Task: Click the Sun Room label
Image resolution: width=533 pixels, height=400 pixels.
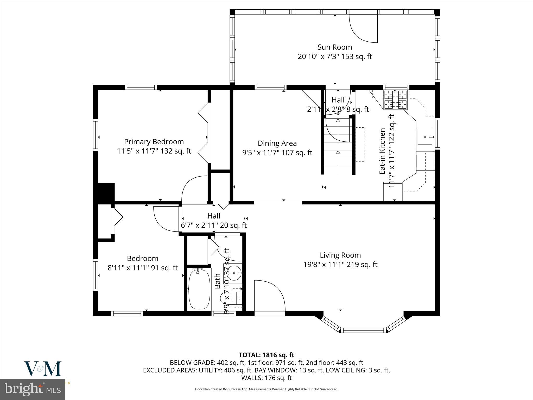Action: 335,47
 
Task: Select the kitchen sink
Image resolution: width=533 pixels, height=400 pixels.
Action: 425,137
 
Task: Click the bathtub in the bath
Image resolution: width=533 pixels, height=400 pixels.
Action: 199,289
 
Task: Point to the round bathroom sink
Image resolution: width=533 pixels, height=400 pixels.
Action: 233,273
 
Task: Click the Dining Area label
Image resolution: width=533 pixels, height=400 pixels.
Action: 277,143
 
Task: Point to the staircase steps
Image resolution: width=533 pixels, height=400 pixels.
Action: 338,146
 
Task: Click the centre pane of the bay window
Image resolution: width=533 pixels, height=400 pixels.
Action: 363,330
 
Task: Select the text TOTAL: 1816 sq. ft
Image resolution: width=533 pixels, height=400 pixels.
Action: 266,355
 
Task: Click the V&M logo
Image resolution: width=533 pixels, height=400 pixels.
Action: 43,368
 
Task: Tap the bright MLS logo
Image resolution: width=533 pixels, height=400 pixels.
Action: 33,389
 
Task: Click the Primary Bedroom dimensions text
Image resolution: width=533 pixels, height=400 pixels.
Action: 154,151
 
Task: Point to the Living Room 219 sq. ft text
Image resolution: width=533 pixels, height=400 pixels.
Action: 340,265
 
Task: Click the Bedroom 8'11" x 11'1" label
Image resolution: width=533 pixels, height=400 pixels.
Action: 143,268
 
